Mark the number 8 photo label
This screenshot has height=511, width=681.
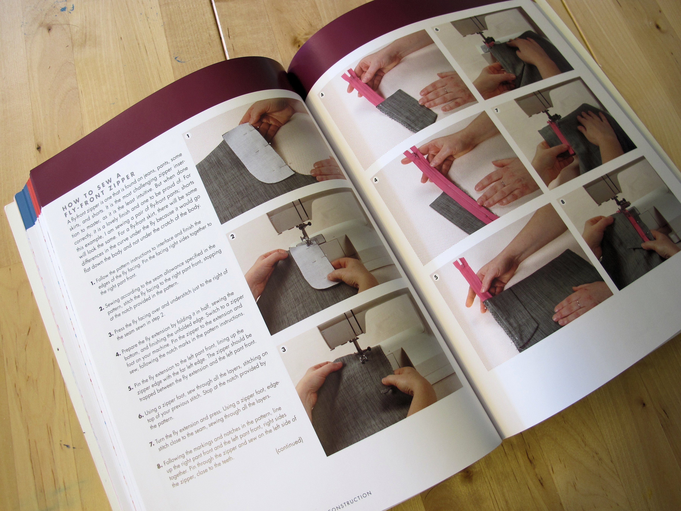coord(563,202)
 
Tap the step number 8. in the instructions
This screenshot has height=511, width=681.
coord(159,466)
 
